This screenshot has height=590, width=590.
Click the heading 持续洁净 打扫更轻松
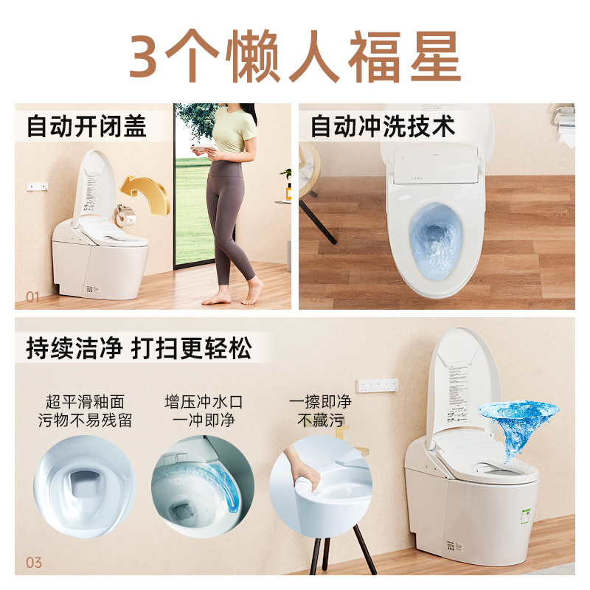(139, 347)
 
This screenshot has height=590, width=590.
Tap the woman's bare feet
(232, 296)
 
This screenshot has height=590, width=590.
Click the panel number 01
(32, 297)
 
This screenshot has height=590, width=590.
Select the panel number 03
(33, 563)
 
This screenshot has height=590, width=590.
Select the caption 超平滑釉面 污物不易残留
(85, 412)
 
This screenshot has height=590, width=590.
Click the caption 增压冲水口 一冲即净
(203, 412)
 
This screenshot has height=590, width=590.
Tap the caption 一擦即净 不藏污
(321, 412)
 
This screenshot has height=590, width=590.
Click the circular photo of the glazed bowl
(85, 488)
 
